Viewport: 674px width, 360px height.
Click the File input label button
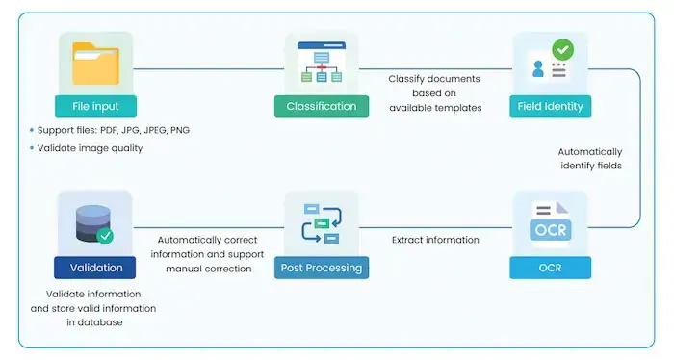94,106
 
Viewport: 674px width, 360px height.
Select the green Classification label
322,106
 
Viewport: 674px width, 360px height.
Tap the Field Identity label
551,106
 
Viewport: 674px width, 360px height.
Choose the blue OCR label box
551,267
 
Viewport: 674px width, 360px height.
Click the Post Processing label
322,267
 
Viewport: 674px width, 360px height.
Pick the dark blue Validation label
94,267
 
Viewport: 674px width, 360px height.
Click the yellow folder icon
94,64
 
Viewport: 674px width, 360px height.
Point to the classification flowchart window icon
322,64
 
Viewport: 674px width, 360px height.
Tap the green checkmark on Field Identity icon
561,49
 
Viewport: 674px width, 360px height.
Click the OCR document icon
551,223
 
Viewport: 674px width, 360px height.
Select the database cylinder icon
91,222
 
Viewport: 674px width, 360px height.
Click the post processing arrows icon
322,223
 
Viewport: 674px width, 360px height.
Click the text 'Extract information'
434,240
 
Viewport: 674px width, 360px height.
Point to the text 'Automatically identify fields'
590,159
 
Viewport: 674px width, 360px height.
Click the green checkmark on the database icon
105,235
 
